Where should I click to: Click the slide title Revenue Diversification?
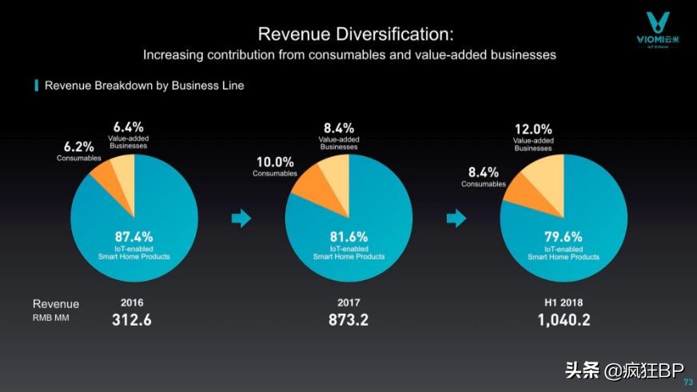(x=356, y=34)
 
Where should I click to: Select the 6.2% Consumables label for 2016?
(x=78, y=151)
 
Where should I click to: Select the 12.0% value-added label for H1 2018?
(x=533, y=134)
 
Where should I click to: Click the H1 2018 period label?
(x=564, y=304)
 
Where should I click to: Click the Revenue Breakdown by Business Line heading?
(x=144, y=85)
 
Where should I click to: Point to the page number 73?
(x=688, y=382)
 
